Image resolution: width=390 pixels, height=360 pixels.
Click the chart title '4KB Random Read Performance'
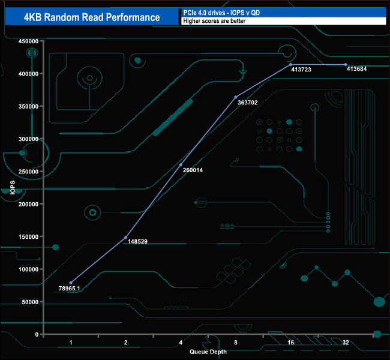(92, 17)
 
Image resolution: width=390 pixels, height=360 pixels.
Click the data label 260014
(193, 170)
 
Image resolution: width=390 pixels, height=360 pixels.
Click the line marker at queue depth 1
(71, 283)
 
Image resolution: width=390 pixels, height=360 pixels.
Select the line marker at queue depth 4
(181, 165)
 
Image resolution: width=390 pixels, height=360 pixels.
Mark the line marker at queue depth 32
(346, 65)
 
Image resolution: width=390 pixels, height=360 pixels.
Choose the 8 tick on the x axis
(236, 343)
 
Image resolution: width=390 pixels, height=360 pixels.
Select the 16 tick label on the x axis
(290, 343)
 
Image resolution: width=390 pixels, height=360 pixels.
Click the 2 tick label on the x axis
(126, 343)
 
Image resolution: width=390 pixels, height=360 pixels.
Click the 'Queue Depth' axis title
(208, 352)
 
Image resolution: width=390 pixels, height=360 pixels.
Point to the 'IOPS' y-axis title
(13, 188)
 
